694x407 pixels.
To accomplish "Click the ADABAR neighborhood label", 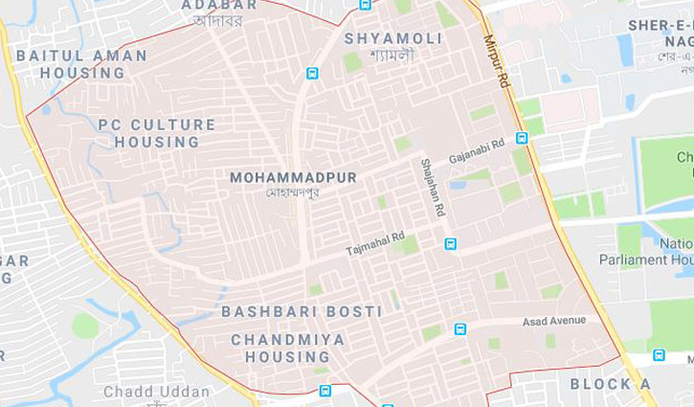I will pyautogui.click(x=219, y=5).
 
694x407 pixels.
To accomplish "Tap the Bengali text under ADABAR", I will pyautogui.click(x=218, y=20).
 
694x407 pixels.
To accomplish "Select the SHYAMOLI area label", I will pyautogui.click(x=393, y=38).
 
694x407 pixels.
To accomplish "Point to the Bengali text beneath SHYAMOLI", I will pyautogui.click(x=392, y=55).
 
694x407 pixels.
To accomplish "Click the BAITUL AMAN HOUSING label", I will pyautogui.click(x=81, y=64).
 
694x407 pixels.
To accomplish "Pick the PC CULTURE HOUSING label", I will pyautogui.click(x=157, y=133).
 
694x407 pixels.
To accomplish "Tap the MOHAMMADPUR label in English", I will pyautogui.click(x=293, y=178).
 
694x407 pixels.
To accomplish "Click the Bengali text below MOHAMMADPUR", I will pyautogui.click(x=292, y=192).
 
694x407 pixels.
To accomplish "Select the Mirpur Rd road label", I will pyautogui.click(x=497, y=61).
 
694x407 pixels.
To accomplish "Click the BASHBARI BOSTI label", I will pyautogui.click(x=302, y=312).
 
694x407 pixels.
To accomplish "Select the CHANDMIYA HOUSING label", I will pyautogui.click(x=280, y=348).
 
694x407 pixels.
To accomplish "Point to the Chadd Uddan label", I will pyautogui.click(x=156, y=392).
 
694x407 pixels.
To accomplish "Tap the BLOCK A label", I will pyautogui.click(x=610, y=384).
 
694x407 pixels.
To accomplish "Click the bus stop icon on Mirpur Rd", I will pyautogui.click(x=522, y=138).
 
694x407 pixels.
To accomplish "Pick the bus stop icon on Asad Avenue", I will pyautogui.click(x=460, y=329).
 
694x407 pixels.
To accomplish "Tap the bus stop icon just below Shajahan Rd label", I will pyautogui.click(x=450, y=243).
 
